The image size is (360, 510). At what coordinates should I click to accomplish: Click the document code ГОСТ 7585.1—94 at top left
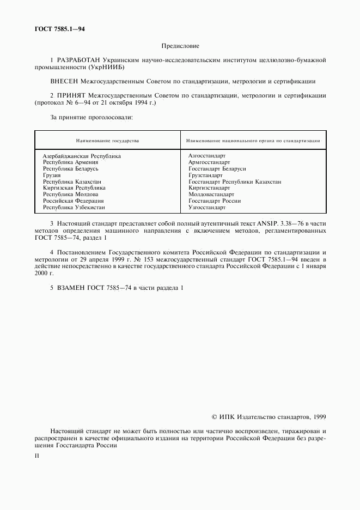pos(52,29)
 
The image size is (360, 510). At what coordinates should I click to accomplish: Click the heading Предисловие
pos(180,47)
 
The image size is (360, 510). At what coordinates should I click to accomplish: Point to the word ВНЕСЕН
pos(64,81)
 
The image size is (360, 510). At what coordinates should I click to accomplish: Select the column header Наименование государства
pos(107,141)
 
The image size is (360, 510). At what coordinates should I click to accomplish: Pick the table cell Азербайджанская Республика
pos(82,156)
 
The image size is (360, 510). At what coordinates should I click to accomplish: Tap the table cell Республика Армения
pos(71,162)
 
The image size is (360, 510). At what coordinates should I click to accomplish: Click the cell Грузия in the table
pos(52,175)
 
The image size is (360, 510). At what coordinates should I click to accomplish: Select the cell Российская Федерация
pos(74,201)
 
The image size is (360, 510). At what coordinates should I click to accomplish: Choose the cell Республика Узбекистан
pos(74,208)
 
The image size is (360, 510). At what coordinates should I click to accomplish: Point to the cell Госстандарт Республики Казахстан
pos(235,182)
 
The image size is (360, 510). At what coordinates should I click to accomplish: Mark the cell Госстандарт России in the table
pos(215,201)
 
